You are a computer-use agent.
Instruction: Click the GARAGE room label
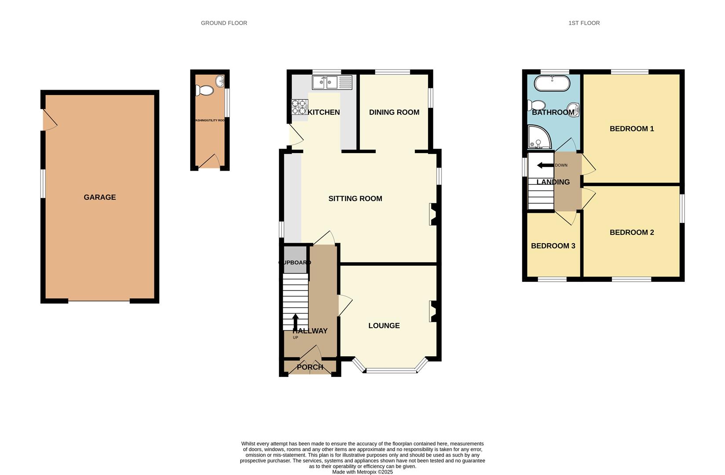pyautogui.click(x=100, y=197)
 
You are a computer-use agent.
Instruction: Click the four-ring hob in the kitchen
pyautogui.click(x=300, y=107)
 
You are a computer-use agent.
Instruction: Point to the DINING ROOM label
pyautogui.click(x=394, y=112)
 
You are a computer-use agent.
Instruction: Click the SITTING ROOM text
pyautogui.click(x=355, y=199)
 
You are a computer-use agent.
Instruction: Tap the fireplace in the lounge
pyautogui.click(x=433, y=312)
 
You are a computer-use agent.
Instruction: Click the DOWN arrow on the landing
pyautogui.click(x=545, y=165)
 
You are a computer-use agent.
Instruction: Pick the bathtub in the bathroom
pyautogui.click(x=552, y=83)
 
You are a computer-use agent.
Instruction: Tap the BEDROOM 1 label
pyautogui.click(x=631, y=129)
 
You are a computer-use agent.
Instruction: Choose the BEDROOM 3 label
pyautogui.click(x=553, y=246)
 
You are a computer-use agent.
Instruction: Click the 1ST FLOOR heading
pyautogui.click(x=584, y=23)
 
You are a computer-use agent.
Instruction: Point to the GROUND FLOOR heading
pyautogui.click(x=224, y=23)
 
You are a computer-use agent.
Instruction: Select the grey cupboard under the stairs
pyautogui.click(x=295, y=259)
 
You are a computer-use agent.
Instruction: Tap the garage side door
pyautogui.click(x=49, y=120)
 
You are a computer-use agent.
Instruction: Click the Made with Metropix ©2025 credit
pyautogui.click(x=362, y=472)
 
